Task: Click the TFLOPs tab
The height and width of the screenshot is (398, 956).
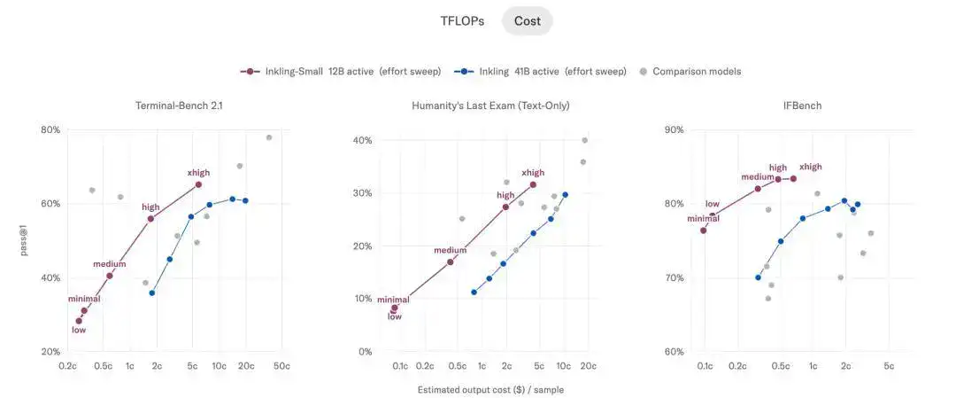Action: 462,20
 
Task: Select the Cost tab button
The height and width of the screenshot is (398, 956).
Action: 528,20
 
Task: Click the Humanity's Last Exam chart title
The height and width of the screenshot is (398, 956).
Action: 490,105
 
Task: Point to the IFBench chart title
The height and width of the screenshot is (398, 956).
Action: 802,105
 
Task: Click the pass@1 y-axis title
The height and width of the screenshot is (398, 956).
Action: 24,240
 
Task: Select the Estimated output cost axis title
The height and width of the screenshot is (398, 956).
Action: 490,389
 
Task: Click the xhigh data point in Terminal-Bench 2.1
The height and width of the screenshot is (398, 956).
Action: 198,184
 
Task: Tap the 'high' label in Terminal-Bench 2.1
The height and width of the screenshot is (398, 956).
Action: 150,207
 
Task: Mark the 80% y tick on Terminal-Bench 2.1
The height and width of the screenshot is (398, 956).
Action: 50,130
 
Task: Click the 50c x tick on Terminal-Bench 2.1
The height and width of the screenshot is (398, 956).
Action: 281,366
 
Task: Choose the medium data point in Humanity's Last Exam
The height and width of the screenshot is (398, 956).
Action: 451,261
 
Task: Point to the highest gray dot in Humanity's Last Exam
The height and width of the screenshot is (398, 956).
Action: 585,140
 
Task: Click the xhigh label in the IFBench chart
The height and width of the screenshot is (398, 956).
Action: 810,167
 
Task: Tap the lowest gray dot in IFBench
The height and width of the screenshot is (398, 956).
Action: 768,299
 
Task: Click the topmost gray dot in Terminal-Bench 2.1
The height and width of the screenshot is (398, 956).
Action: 269,137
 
